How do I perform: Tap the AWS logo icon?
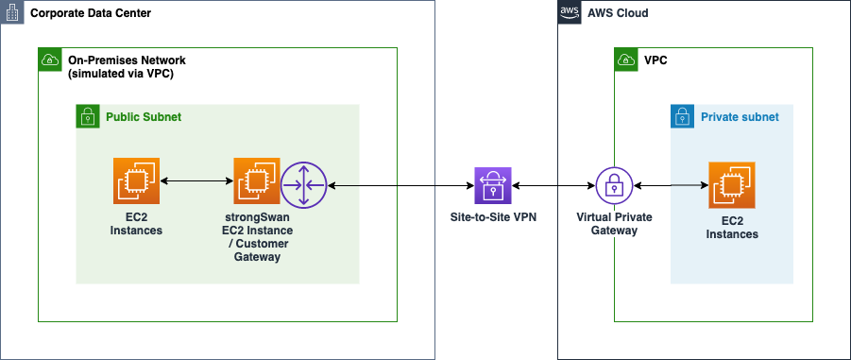(x=570, y=13)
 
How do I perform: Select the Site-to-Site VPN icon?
(x=493, y=186)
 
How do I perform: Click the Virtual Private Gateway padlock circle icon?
(x=613, y=186)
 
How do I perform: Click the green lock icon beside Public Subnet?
(x=88, y=116)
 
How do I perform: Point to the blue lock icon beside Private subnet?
(x=682, y=116)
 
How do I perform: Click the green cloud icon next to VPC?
(x=626, y=60)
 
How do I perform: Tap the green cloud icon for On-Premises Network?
(x=50, y=60)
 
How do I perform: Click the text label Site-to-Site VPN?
(x=492, y=216)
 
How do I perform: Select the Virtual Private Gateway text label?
(x=614, y=223)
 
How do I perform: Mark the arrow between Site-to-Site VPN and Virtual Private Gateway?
(x=553, y=186)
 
